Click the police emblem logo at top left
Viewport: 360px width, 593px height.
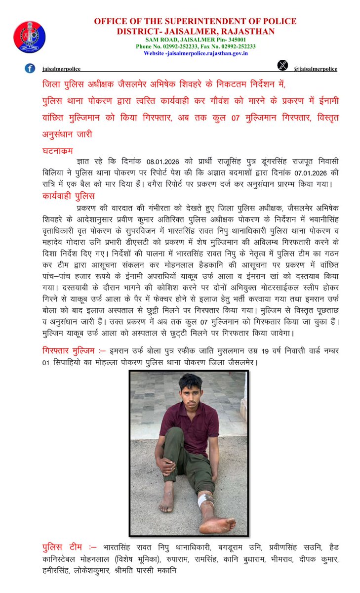point(30,37)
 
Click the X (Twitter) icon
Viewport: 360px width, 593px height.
point(282,65)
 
